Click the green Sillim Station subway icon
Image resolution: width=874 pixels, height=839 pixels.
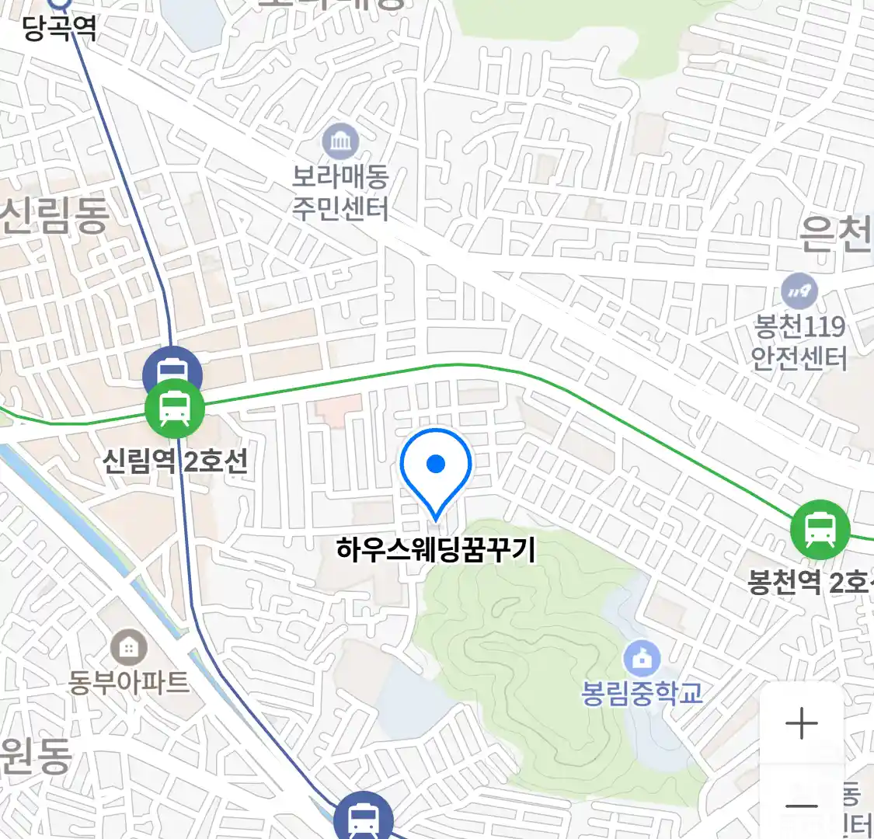[x=175, y=409]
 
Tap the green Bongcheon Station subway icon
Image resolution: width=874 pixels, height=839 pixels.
[x=820, y=530]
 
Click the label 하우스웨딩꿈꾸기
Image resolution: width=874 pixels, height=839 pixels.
[x=436, y=550]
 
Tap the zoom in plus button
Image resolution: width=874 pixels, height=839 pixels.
[x=801, y=724]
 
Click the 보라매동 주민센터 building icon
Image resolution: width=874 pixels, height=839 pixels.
[x=340, y=141]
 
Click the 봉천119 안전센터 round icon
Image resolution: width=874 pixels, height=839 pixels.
[x=799, y=292]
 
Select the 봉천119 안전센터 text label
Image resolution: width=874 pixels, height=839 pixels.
[x=799, y=342]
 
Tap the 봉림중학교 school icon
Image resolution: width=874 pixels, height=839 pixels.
[x=642, y=659]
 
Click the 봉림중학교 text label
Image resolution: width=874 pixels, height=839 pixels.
[x=642, y=692]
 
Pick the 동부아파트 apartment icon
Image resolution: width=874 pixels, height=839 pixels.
[x=128, y=646]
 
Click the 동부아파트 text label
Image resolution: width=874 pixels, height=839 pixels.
[x=129, y=682]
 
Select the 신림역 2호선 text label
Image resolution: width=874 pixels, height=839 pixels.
[x=176, y=461]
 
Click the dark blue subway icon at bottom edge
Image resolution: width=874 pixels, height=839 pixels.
[x=363, y=818]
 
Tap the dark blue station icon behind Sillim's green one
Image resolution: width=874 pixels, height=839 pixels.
[x=173, y=367]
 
